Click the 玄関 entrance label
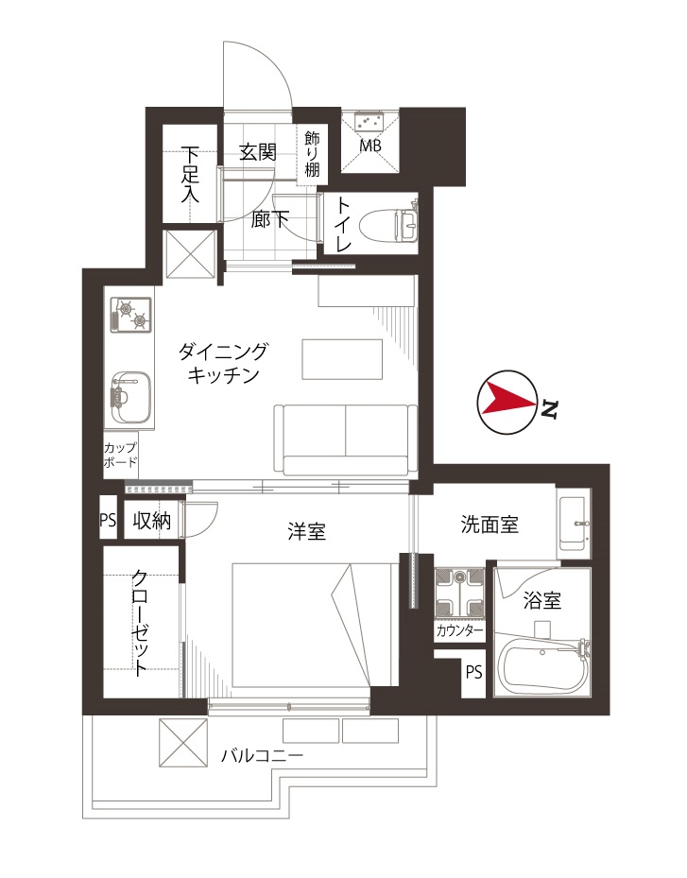click(258, 152)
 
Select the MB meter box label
click(370, 146)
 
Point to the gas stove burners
click(131, 314)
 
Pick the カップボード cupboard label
click(120, 455)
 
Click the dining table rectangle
click(342, 359)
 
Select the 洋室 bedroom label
click(307, 531)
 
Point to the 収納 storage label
click(152, 521)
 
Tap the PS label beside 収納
click(108, 520)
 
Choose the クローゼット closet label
click(140, 623)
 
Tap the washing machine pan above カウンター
click(459, 593)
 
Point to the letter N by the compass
click(549, 410)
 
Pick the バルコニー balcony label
click(262, 756)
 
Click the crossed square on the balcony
click(183, 743)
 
